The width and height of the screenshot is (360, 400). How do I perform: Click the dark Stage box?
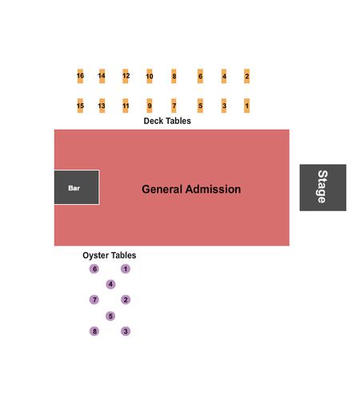323,187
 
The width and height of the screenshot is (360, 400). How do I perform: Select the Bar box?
77,187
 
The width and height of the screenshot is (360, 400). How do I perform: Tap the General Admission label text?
191,189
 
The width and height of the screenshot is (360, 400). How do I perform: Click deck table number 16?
80,76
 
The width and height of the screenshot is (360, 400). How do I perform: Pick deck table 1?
246,106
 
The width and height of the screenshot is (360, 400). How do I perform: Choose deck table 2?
246,76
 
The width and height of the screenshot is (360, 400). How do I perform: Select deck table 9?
150,106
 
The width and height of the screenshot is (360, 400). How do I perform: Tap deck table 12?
126,76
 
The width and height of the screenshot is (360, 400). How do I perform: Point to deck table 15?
80,106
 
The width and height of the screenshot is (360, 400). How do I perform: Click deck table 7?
174,106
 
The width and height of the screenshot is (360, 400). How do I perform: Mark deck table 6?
200,76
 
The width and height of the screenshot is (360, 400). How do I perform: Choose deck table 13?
102,106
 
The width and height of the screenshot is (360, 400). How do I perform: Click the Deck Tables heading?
167,121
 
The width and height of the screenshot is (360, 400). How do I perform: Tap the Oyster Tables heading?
110,255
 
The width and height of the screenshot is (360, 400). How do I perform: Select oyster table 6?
94,269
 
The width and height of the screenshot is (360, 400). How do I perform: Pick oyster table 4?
110,284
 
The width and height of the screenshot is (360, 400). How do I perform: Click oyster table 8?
94,331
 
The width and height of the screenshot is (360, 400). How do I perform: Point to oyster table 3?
126,331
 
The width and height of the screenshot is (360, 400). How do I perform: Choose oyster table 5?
110,316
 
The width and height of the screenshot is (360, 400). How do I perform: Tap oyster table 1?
126,269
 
